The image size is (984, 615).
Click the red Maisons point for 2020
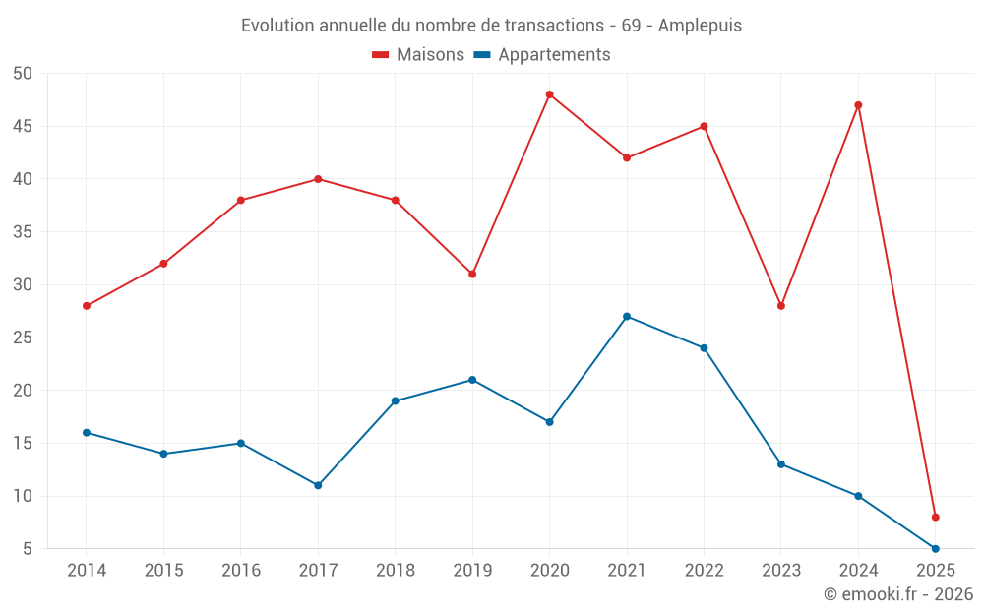coord(549,94)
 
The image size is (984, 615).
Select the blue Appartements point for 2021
coord(627,316)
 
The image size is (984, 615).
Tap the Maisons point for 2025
coord(935,517)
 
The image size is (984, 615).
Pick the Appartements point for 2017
coord(318,485)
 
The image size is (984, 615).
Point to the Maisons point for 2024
coord(858,105)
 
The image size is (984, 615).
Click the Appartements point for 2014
coord(87,432)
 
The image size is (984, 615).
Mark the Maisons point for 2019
coord(472,274)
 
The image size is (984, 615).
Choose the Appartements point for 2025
coord(935,548)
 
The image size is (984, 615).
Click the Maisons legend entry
coord(418,55)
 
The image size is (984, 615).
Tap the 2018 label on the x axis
coord(395,571)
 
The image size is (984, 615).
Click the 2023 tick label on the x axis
coord(780,571)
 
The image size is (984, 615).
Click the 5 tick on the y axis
coord(28,549)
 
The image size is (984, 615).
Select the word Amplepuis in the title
coord(700,26)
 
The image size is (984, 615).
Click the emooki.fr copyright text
coord(898,594)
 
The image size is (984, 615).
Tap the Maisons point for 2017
coord(318,179)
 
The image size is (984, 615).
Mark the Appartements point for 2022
coord(704,347)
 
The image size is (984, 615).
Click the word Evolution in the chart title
coord(277,26)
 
